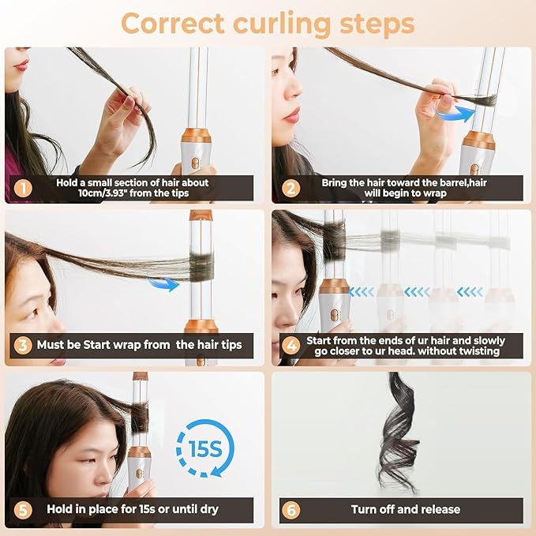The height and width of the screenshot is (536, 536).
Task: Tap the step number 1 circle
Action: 23,188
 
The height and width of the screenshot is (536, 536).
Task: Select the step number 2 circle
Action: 290,188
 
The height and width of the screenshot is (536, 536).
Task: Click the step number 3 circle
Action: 23,345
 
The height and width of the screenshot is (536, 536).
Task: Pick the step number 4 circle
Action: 290,345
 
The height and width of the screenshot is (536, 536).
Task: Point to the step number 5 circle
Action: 23,510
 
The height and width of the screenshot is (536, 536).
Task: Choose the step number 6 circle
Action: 290,510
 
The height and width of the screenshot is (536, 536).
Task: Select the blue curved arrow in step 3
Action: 165,283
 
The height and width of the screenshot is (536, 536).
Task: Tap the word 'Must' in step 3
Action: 54,345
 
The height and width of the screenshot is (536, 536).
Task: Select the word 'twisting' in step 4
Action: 476,350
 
